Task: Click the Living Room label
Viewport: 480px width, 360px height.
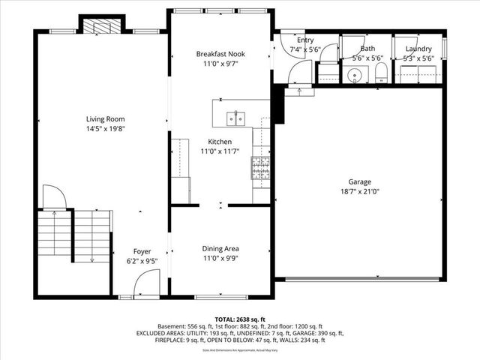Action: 105,118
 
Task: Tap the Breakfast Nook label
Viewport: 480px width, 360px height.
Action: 220,54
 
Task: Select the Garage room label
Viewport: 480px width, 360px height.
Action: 359,181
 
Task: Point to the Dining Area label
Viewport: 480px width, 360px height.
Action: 220,249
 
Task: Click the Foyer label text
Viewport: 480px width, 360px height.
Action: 142,251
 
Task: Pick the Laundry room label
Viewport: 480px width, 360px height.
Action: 418,49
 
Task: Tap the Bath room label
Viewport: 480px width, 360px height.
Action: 367,49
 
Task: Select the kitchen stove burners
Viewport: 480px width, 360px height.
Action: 260,167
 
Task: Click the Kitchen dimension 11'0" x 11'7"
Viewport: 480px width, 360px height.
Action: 220,151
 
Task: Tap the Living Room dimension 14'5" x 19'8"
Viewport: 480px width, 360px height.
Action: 105,129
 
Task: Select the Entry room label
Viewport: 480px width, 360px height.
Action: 305,40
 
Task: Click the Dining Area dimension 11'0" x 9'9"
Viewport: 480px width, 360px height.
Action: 220,259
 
